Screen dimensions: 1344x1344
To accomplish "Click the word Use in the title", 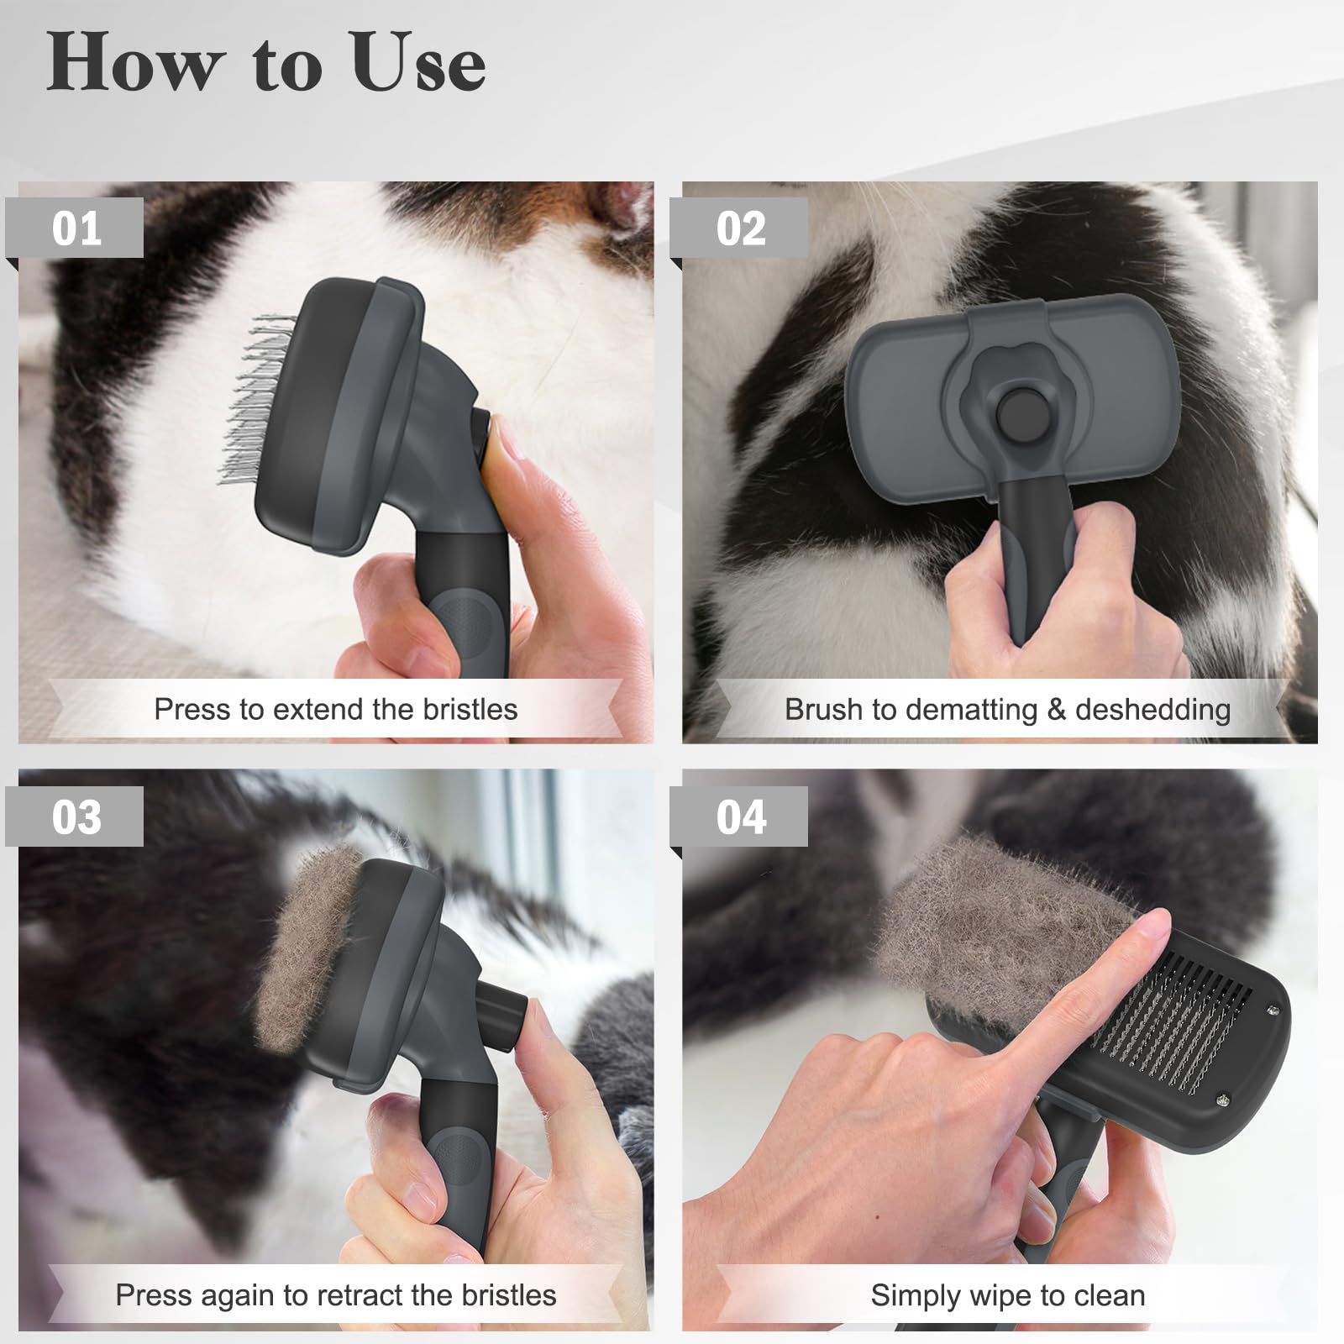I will click(418, 64).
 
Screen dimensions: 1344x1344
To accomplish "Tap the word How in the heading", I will click(134, 64).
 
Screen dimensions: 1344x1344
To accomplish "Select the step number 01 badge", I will click(76, 228).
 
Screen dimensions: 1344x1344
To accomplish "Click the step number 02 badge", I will click(740, 228).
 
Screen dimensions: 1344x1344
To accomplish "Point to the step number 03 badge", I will click(76, 816).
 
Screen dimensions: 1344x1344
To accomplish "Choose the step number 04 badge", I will click(740, 816).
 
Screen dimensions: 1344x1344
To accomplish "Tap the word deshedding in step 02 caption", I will click(1152, 710).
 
